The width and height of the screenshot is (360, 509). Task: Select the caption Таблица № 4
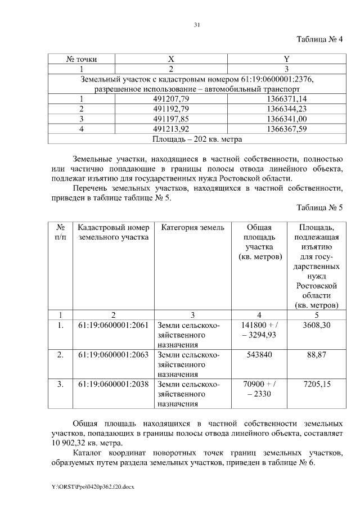[319, 39]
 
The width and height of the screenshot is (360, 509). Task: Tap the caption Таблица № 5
[319, 208]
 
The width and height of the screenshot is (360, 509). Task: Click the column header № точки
[82, 58]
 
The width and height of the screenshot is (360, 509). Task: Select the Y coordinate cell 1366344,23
[286, 109]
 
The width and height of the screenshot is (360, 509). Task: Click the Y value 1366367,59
[286, 129]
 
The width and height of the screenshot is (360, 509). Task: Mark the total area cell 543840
[258, 355]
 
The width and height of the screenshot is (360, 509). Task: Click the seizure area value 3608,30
[316, 325]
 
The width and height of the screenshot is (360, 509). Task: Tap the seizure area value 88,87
[316, 355]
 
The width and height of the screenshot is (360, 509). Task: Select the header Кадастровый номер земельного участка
[114, 232]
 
